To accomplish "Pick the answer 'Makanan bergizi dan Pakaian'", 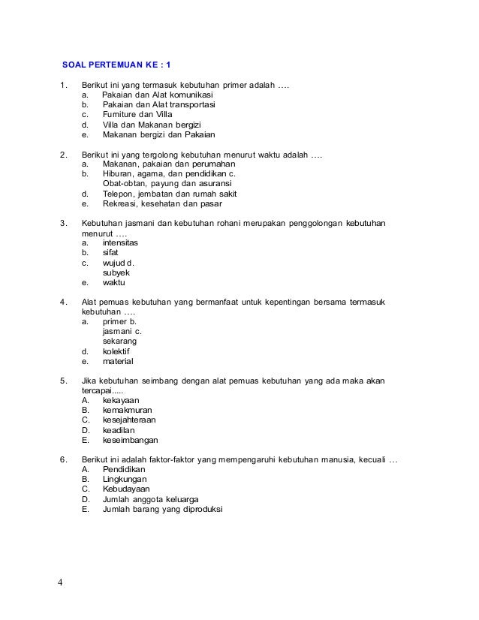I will coord(158,136).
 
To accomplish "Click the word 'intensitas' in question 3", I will coord(120,243).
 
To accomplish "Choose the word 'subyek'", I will coord(115,272).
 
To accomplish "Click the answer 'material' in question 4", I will coord(117,360).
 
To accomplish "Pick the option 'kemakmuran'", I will coord(127,411).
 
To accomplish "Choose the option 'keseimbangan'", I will coord(131,440).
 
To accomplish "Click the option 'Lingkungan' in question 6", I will coord(125,478).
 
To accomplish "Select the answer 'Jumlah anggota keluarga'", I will coord(150,498).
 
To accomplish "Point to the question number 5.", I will coord(62,381).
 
